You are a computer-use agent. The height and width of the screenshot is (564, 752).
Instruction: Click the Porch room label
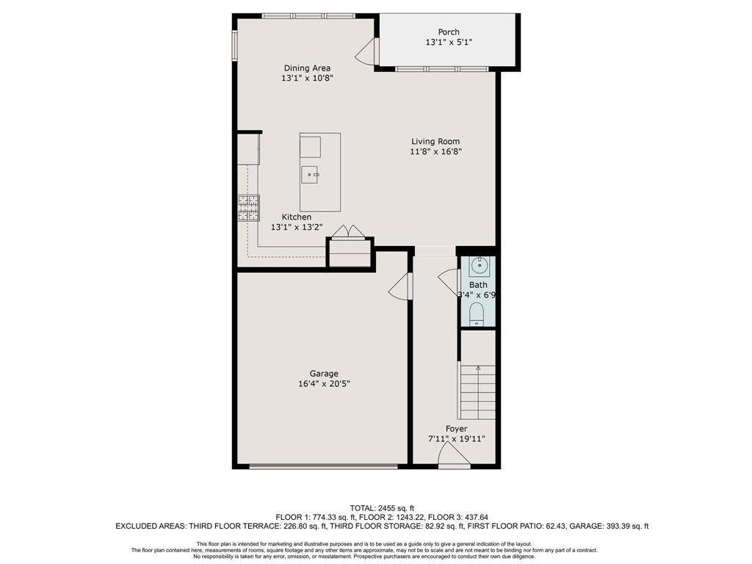(x=449, y=32)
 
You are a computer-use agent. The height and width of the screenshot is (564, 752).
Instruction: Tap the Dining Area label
(x=307, y=68)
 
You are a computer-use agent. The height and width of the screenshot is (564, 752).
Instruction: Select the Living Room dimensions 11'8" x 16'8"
(x=435, y=151)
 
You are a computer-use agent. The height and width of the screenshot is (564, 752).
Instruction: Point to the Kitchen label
(x=297, y=217)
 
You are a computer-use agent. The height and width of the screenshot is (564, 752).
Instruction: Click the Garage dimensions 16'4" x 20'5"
(x=324, y=383)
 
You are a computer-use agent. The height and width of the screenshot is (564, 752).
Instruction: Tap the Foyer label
(x=456, y=429)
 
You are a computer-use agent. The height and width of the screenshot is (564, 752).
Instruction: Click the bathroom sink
(x=479, y=266)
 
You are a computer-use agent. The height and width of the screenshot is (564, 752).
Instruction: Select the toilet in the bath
(x=476, y=314)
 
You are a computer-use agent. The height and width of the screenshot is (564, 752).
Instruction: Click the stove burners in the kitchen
(x=248, y=208)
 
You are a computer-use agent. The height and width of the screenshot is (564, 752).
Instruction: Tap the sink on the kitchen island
(x=310, y=175)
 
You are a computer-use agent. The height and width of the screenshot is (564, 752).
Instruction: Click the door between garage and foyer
(x=400, y=286)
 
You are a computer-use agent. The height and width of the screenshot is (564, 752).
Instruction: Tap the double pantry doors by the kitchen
(x=348, y=231)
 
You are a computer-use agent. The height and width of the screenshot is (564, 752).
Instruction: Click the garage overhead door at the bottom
(x=324, y=466)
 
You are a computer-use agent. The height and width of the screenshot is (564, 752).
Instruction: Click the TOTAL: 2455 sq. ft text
(x=382, y=508)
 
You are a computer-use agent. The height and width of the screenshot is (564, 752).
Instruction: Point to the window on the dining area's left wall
(x=235, y=46)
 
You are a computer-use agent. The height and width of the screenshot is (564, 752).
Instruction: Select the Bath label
(x=478, y=285)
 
